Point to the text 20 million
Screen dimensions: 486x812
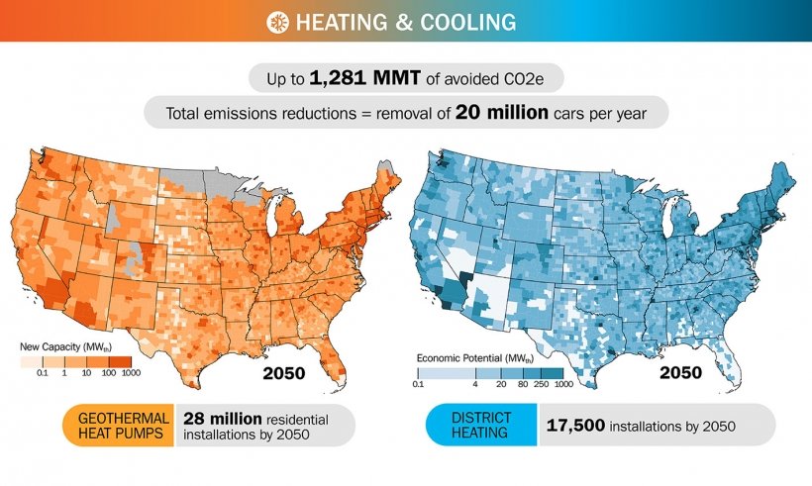click(x=502, y=113)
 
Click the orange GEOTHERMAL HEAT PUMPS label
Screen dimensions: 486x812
click(x=119, y=425)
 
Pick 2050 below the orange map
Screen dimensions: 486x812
click(x=283, y=373)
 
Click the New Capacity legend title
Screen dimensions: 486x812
click(x=61, y=346)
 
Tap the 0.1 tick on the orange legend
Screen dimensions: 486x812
click(x=42, y=373)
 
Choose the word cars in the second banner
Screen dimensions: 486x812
click(x=573, y=114)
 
